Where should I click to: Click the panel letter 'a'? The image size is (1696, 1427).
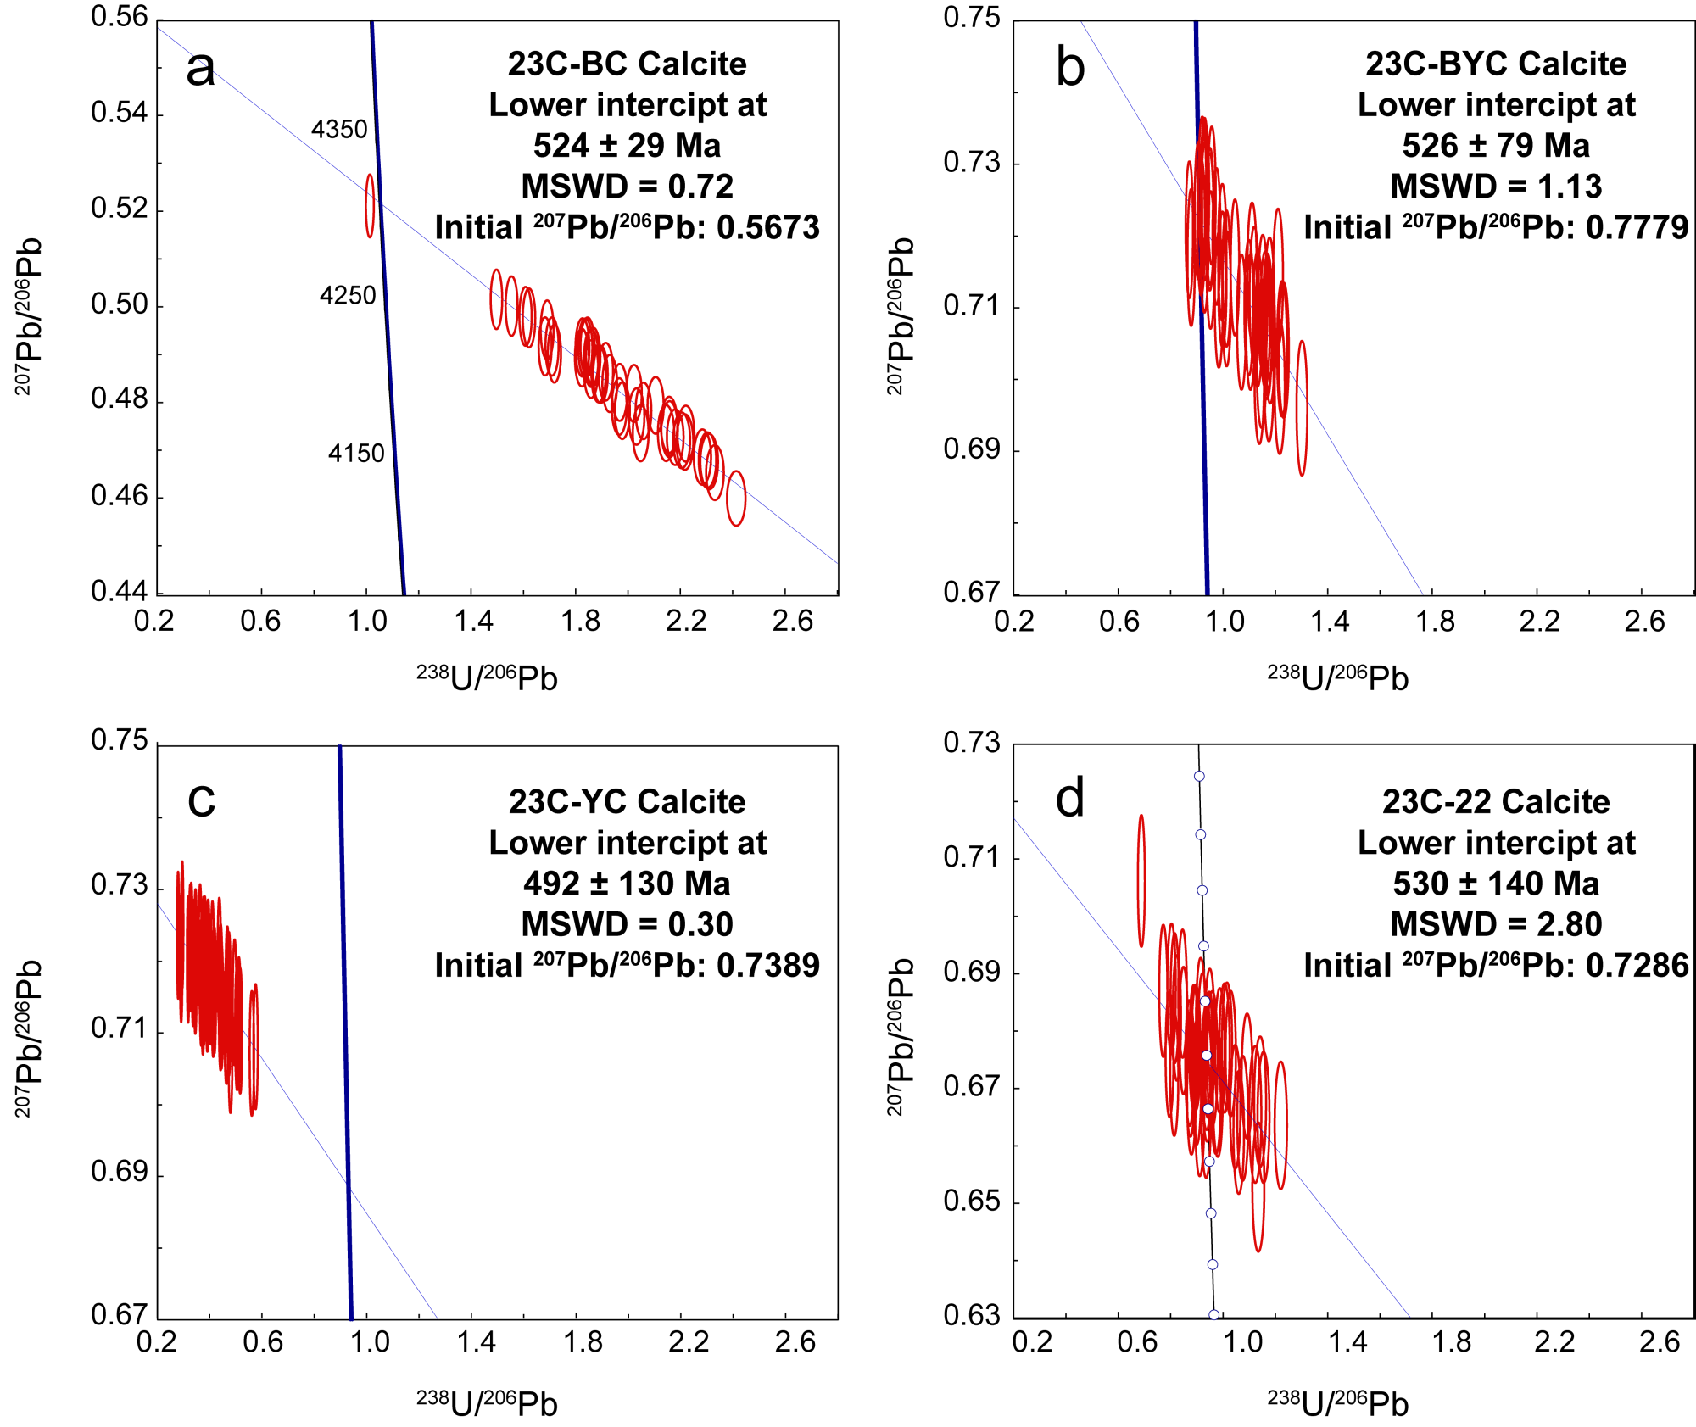[x=200, y=68]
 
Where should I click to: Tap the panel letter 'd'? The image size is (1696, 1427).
[x=1069, y=799]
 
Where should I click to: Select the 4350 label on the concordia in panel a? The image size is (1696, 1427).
[x=339, y=130]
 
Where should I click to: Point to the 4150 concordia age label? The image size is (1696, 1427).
[x=356, y=454]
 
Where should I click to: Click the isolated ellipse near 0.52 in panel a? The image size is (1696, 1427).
[x=370, y=205]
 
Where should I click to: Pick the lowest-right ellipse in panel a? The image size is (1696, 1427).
[x=736, y=498]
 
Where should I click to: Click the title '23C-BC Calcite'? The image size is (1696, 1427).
[x=627, y=64]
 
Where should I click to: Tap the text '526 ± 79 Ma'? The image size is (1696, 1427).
[x=1496, y=145]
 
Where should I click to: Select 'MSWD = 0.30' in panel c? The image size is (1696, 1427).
[x=627, y=924]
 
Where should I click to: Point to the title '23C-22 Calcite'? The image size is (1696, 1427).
[x=1496, y=801]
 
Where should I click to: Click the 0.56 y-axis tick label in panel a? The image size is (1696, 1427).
[x=120, y=17]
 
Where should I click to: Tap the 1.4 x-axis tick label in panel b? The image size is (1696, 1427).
[x=1330, y=622]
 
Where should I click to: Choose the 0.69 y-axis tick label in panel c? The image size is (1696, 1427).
[x=120, y=1173]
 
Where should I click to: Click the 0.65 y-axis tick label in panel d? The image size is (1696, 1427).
[x=972, y=1201]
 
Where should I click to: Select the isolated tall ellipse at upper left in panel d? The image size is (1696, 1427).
[x=1141, y=880]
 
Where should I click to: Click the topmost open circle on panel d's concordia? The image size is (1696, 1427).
[x=1199, y=776]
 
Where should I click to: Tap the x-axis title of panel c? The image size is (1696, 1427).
[x=487, y=1403]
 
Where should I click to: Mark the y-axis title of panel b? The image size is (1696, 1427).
[x=901, y=315]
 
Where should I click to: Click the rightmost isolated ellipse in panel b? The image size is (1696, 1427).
[x=1303, y=407]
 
